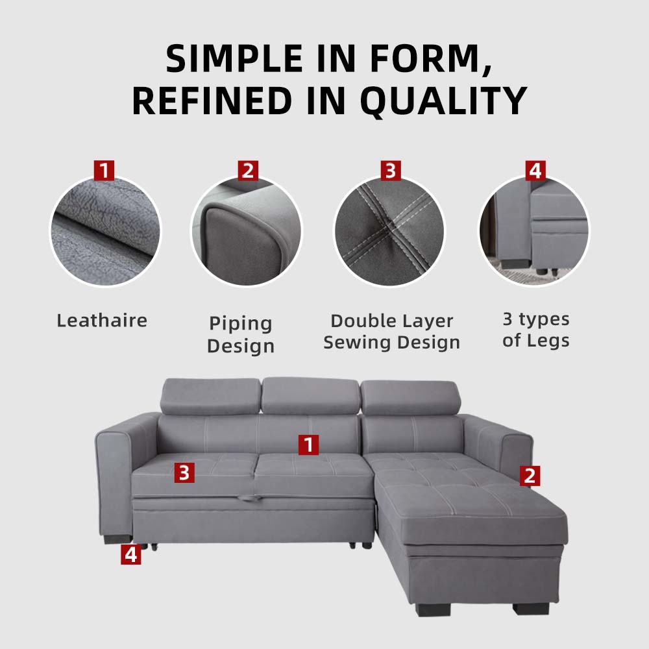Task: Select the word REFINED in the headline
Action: (x=212, y=101)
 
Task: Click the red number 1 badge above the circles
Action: (x=104, y=171)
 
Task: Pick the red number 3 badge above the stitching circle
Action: (x=391, y=171)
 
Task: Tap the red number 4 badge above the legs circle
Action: (x=535, y=171)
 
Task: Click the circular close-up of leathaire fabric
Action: (x=106, y=231)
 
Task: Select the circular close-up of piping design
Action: (x=247, y=231)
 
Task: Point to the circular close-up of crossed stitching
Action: (x=389, y=231)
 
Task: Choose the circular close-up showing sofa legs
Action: (x=534, y=231)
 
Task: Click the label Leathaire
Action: (x=102, y=321)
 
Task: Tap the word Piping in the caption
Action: (x=241, y=324)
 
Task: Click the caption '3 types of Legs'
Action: (x=536, y=330)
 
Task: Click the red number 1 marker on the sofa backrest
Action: (x=309, y=445)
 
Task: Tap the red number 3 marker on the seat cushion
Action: (x=184, y=472)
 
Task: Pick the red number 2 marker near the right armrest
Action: (x=530, y=476)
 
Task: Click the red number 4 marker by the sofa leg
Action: (x=131, y=554)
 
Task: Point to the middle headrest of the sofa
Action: (x=310, y=396)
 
